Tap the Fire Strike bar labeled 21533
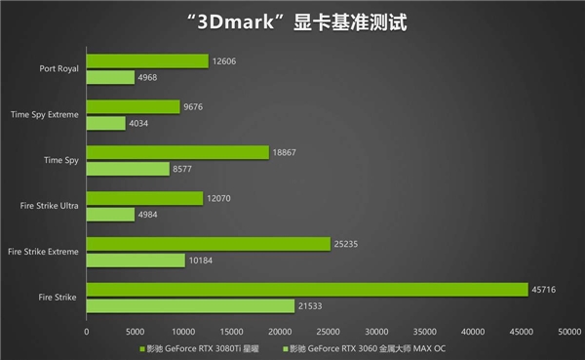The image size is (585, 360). click(x=190, y=306)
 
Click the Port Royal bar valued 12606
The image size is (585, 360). click(x=147, y=60)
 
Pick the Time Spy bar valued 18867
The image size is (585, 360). click(x=177, y=152)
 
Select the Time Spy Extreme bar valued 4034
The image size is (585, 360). click(x=106, y=123)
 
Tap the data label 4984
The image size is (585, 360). click(x=149, y=215)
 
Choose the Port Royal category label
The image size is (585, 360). click(x=58, y=69)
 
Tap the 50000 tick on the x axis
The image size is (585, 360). click(x=568, y=331)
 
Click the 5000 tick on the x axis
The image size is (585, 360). click(x=135, y=331)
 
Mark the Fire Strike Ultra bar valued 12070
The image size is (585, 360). click(x=144, y=198)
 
